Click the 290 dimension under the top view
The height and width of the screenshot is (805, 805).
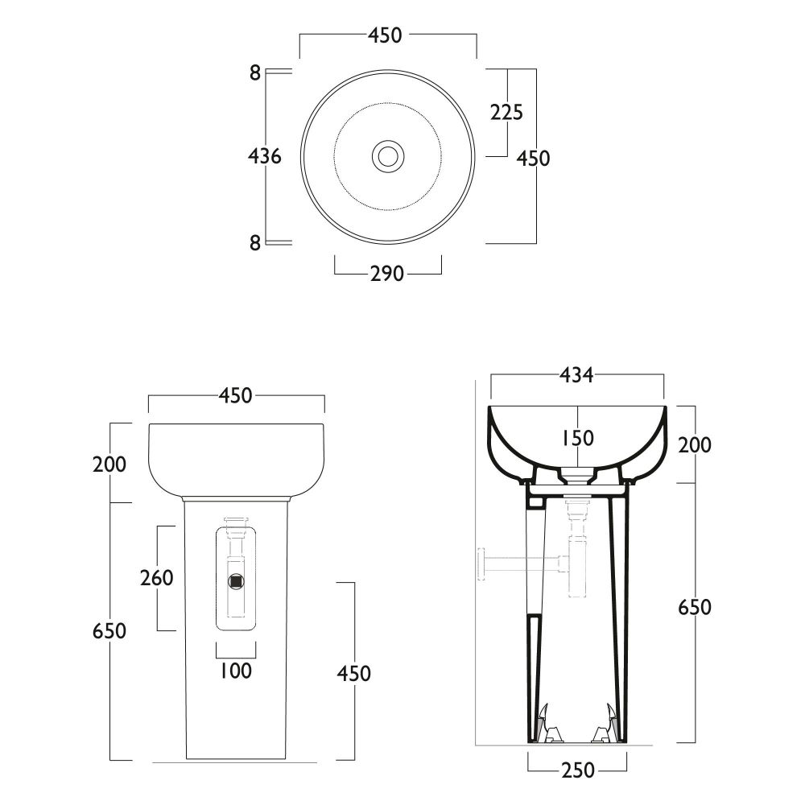tap(388, 274)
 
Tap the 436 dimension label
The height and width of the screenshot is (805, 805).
tap(264, 155)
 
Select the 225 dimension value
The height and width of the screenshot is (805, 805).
tap(506, 112)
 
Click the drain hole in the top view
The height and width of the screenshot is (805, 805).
tap(388, 155)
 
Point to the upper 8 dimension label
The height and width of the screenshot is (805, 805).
tap(255, 73)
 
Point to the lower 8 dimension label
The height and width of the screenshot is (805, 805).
tap(255, 243)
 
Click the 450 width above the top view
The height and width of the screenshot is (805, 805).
tap(385, 35)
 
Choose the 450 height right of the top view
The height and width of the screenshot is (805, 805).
tap(533, 158)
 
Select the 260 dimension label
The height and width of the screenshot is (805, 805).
tap(157, 578)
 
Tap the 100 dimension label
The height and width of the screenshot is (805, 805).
tap(236, 671)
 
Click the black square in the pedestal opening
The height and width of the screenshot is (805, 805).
tap(236, 581)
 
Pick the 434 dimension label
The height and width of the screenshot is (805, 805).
tap(576, 375)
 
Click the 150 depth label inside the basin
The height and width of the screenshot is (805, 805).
tap(578, 438)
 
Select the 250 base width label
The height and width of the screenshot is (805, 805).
tap(578, 770)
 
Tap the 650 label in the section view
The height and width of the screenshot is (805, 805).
tap(695, 607)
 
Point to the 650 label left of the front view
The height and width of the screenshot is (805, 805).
tap(109, 631)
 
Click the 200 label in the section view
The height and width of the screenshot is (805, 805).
tap(695, 445)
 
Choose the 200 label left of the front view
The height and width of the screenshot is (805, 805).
tap(109, 464)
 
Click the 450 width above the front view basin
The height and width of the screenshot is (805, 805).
tap(236, 395)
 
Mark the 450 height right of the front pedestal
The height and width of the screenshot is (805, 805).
tap(353, 674)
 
